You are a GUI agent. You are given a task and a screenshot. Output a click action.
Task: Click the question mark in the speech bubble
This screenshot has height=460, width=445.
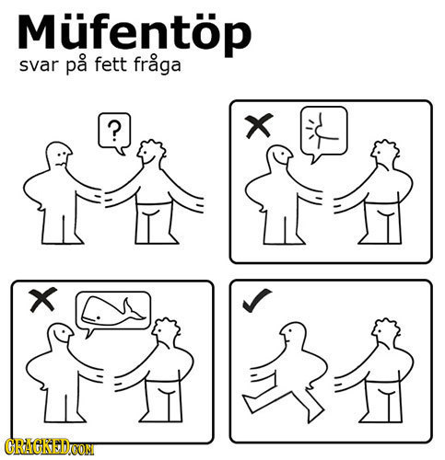(x=113, y=129)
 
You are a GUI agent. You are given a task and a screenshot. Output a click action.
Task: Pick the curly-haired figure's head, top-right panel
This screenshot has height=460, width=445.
(x=382, y=153)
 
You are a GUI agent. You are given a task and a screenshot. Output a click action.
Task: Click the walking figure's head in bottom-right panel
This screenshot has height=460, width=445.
(x=295, y=333)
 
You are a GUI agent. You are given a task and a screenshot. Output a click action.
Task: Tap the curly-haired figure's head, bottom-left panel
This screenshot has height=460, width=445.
(x=167, y=328)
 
